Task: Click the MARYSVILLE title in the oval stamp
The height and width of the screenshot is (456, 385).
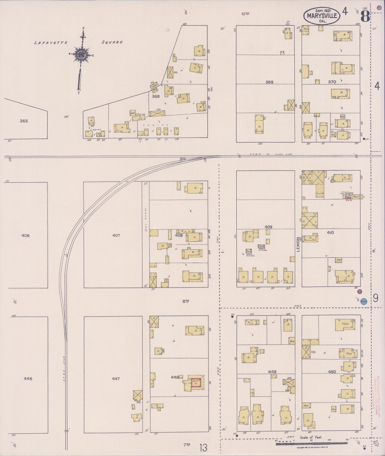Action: click(322, 16)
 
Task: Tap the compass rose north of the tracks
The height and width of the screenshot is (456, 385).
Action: click(80, 55)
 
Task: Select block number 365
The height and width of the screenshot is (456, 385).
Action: click(24, 121)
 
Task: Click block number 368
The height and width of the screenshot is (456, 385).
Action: click(156, 96)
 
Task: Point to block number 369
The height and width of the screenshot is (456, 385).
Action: click(269, 82)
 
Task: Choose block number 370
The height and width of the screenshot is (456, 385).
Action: click(332, 82)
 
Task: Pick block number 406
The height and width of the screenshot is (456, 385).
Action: click(26, 235)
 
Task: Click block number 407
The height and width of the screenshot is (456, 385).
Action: click(116, 235)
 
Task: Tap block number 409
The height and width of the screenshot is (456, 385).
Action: click(268, 227)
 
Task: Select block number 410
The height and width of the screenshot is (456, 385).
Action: click(330, 232)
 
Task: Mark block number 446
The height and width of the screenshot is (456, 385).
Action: click(28, 379)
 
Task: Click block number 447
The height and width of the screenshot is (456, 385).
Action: click(116, 379)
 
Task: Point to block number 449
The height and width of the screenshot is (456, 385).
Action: click(272, 372)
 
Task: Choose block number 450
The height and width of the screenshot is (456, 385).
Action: click(332, 372)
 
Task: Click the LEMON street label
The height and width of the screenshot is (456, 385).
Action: click(298, 244)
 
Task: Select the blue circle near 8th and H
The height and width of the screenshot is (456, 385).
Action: click(364, 302)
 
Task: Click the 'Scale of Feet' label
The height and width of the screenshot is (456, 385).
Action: click(311, 437)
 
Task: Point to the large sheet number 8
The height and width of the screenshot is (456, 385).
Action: click(365, 16)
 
